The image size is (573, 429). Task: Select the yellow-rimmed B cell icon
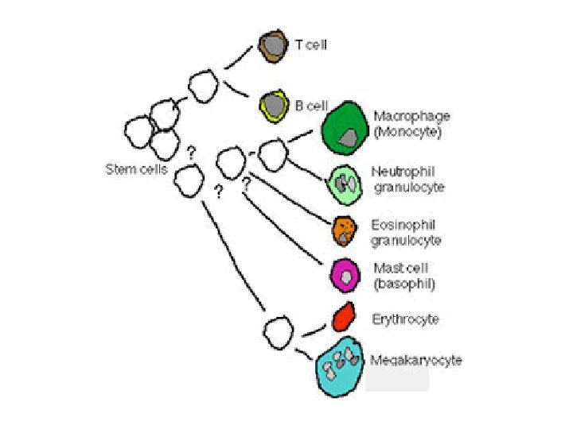coord(275,105)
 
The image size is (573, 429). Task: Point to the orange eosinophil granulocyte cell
coord(345,230)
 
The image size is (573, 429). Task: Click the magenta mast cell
coord(345,275)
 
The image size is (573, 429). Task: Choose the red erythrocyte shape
coord(343,318)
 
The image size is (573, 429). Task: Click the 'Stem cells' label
coord(135,168)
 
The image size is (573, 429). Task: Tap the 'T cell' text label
coord(311,45)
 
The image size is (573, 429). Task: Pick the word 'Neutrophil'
coord(403,172)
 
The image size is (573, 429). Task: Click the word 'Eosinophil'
coord(403,225)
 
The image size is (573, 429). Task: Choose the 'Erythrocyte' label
coord(406,319)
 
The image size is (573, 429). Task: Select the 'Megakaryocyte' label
coord(416,360)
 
